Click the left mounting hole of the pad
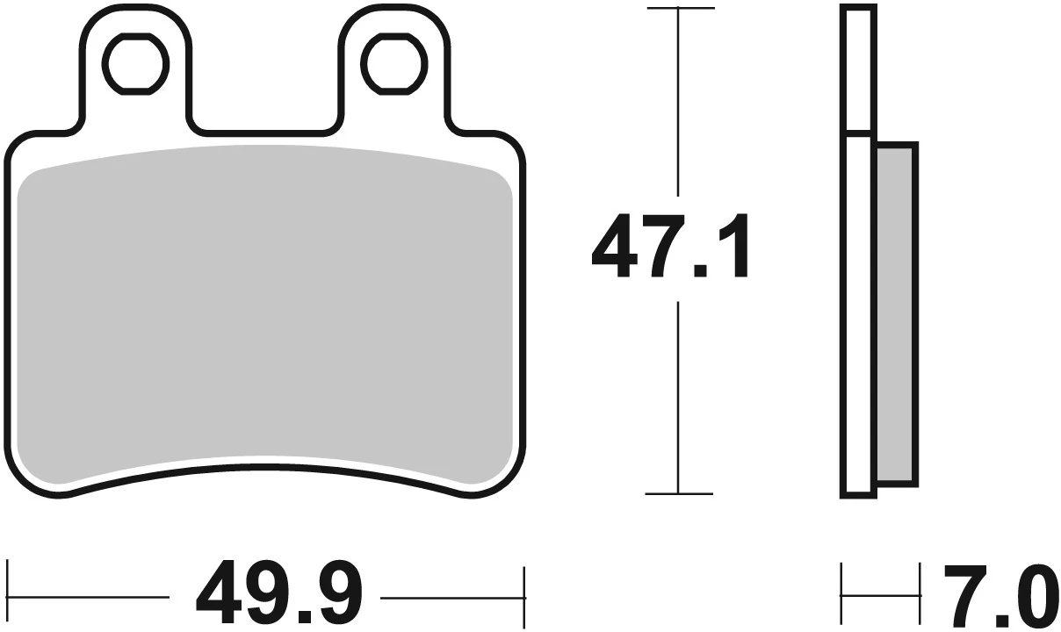(134, 63)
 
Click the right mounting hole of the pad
(394, 63)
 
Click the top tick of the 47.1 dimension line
(678, 9)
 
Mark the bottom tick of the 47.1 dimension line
(678, 494)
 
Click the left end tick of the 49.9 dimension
(8, 583)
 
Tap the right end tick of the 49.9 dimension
(523, 583)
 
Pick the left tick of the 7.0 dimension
(842, 583)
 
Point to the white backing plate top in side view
(858, 70)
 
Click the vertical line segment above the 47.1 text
(678, 105)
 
